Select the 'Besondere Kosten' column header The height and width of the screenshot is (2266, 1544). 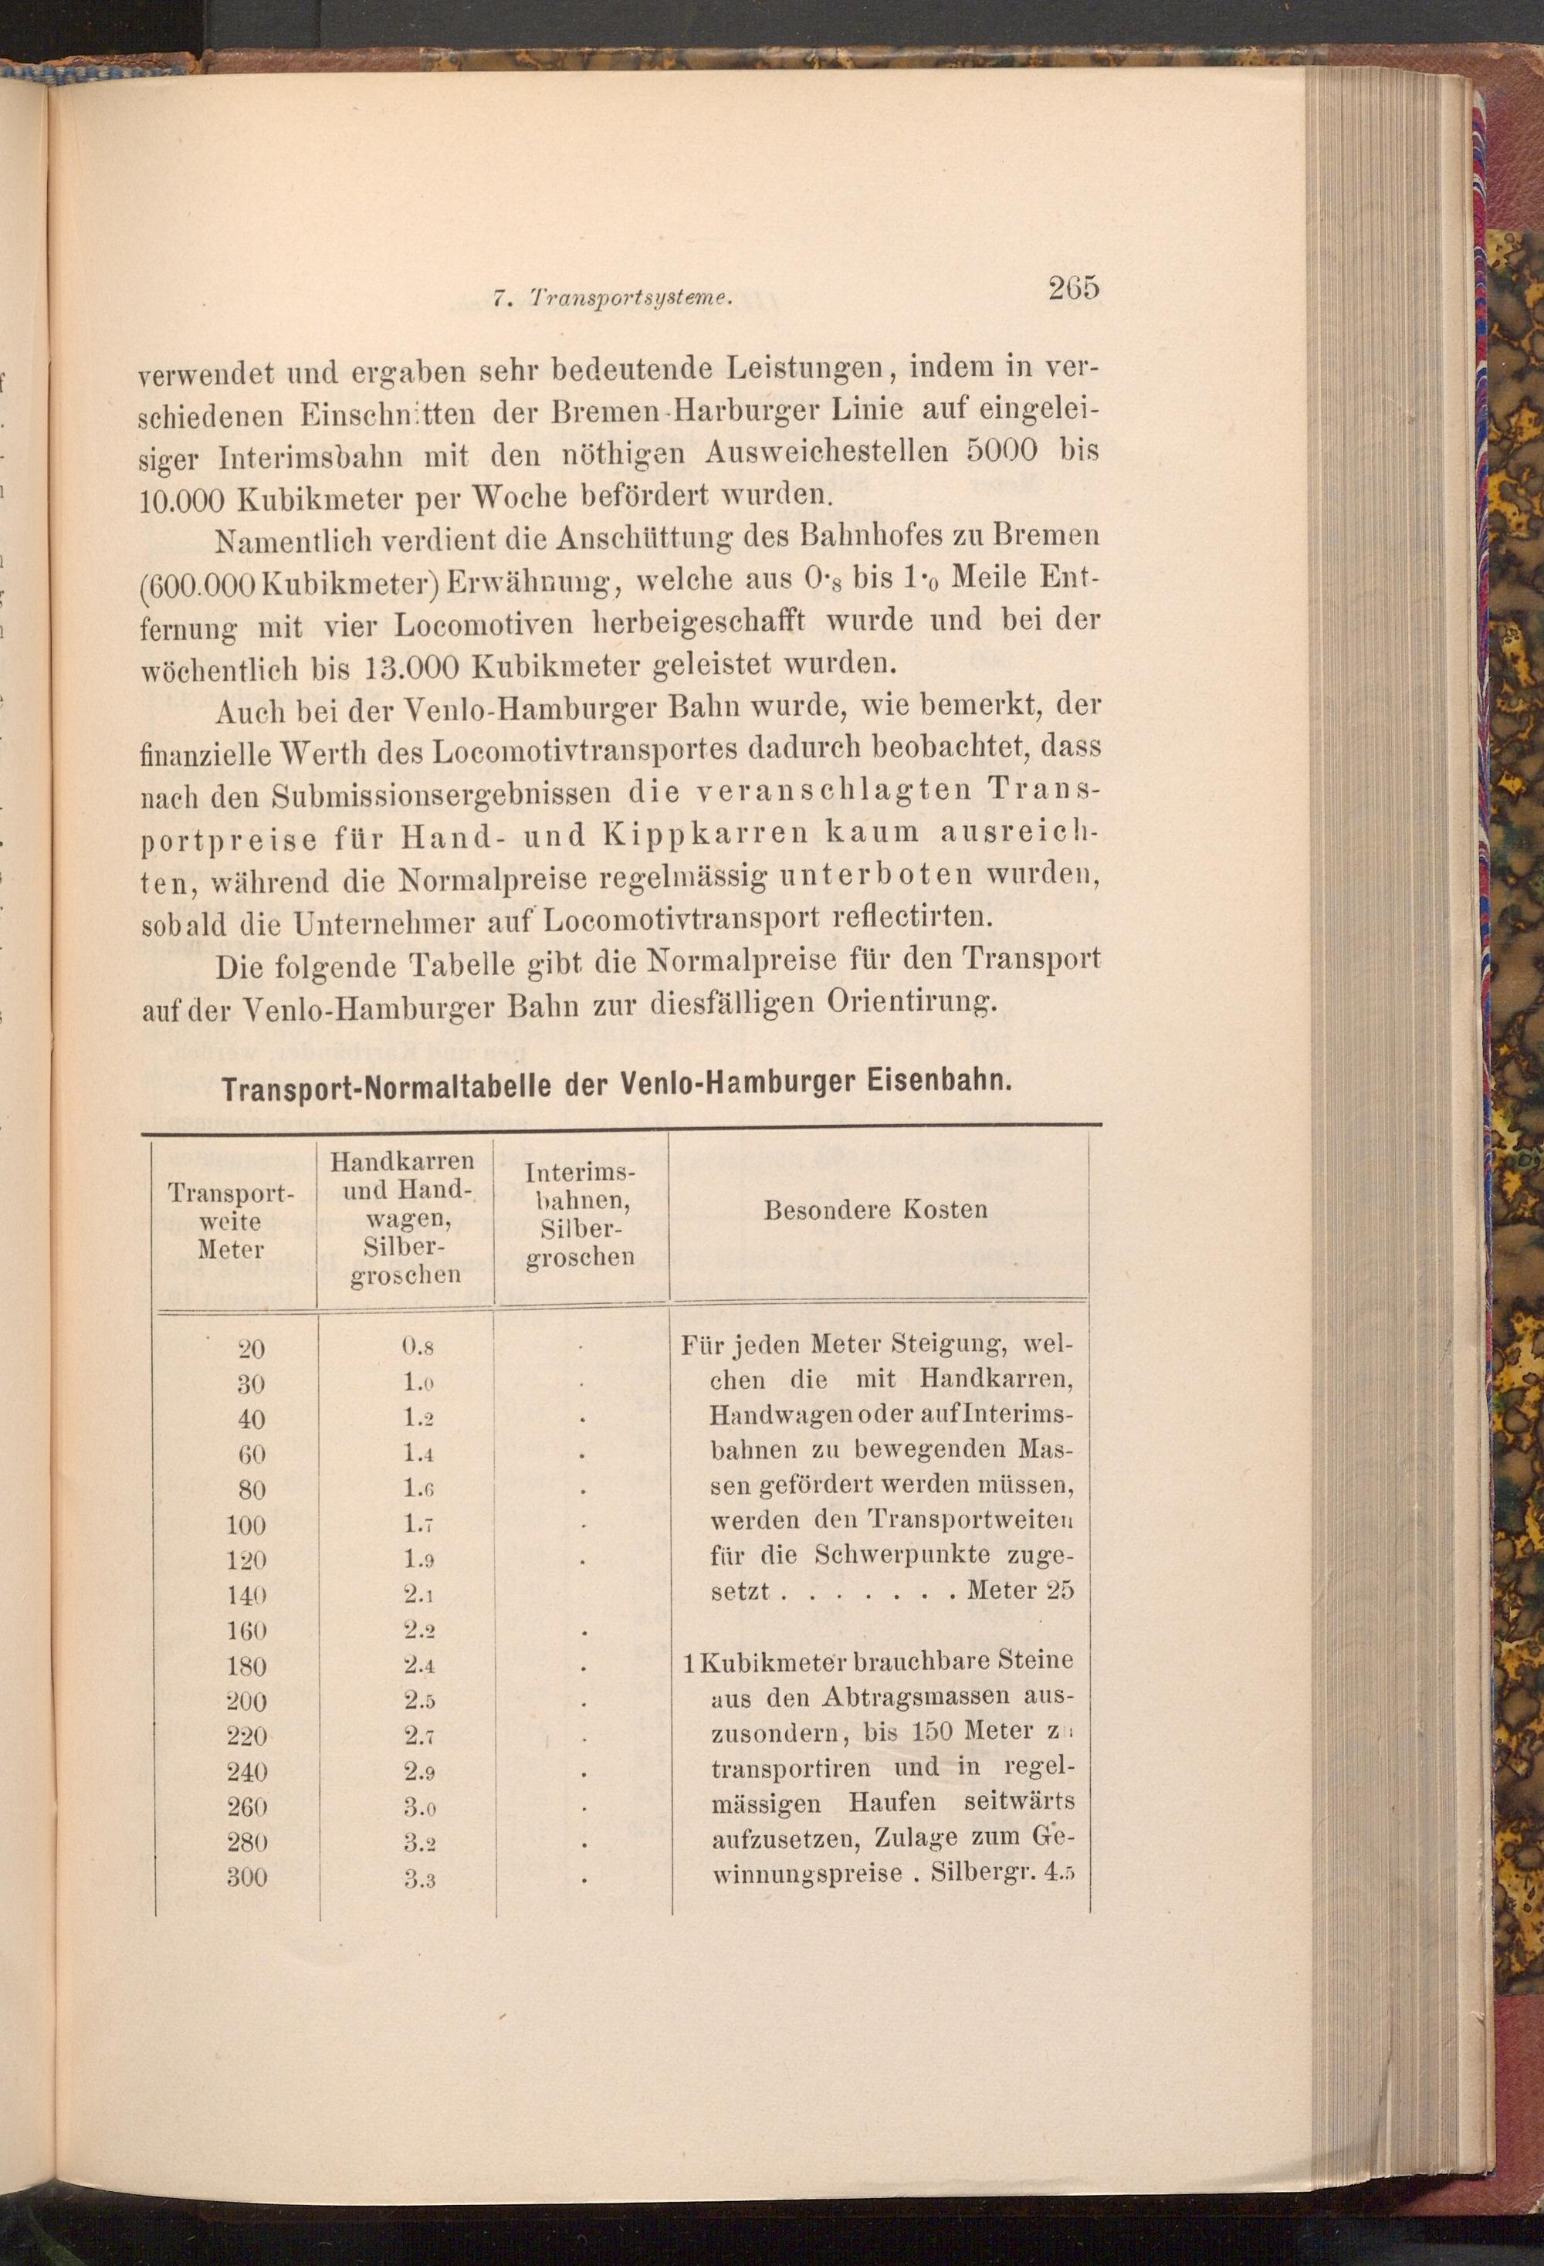(x=875, y=1210)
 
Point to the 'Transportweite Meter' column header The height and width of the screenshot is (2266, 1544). (x=230, y=1221)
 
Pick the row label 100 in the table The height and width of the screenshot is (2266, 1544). (x=245, y=1525)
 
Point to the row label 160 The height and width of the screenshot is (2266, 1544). (x=245, y=1631)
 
